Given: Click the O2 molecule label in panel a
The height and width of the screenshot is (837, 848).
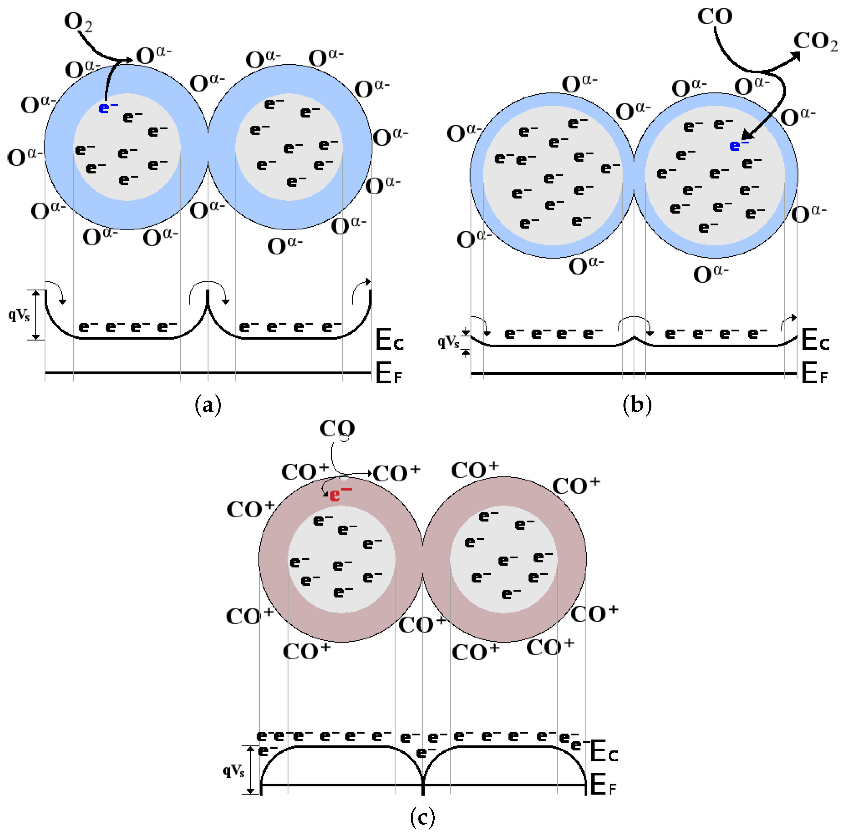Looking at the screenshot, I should (78, 22).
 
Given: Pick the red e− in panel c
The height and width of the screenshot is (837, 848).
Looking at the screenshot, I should (340, 495).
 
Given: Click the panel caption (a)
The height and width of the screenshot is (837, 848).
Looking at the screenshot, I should (208, 404).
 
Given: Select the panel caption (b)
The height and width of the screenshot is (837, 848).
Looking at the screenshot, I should (637, 404).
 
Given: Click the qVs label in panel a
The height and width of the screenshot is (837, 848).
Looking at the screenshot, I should (19, 315).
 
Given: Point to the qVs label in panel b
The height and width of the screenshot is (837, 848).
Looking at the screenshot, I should (448, 342).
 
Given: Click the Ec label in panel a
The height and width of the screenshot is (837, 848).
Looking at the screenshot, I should (389, 340).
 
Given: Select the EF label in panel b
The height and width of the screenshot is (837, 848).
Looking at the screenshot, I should (814, 374).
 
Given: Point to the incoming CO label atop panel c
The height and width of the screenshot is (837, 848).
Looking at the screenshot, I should (337, 429).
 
